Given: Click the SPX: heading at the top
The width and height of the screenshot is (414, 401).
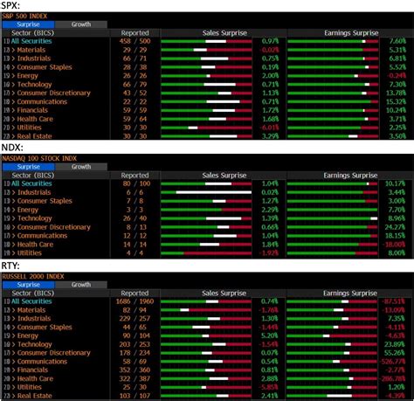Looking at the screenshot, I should pos(12,5).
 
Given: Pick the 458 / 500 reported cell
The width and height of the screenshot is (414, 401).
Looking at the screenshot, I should pos(135,42).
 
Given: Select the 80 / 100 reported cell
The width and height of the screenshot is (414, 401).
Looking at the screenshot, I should pos(135,183).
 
